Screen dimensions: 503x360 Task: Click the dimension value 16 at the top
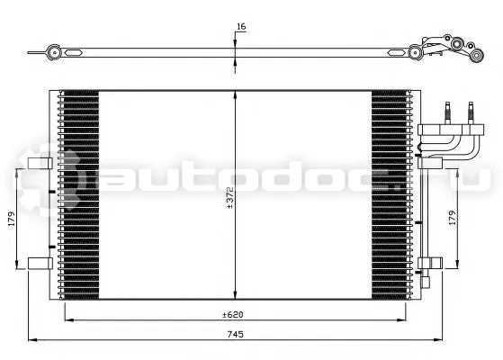pyautogui.click(x=241, y=27)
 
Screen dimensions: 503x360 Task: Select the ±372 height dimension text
pyautogui.click(x=230, y=198)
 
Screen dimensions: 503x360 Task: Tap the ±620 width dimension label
pyautogui.click(x=233, y=315)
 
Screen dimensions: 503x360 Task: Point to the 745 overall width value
pyautogui.click(x=236, y=334)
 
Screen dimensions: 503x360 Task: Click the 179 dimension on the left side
pyautogui.click(x=12, y=219)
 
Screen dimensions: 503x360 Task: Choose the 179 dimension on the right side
pyautogui.click(x=452, y=218)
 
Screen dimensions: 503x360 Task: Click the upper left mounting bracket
pyautogui.click(x=40, y=163)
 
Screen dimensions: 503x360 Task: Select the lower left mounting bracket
pyautogui.click(x=40, y=264)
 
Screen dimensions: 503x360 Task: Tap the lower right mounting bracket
pyautogui.click(x=430, y=263)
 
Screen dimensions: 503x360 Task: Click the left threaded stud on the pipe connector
pyautogui.click(x=448, y=112)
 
